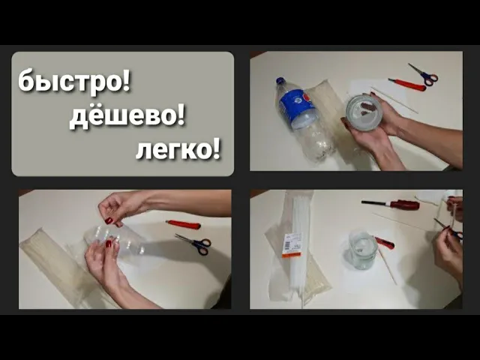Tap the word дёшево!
point(127,117)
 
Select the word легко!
point(178,150)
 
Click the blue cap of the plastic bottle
point(280,81)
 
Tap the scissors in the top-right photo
point(424,74)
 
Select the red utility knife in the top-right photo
point(407,84)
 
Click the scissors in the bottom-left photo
point(195,244)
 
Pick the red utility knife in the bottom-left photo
point(183,224)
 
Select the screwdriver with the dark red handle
point(391,204)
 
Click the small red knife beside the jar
point(385,242)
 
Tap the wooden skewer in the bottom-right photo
point(388,266)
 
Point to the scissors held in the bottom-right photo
point(448,228)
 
